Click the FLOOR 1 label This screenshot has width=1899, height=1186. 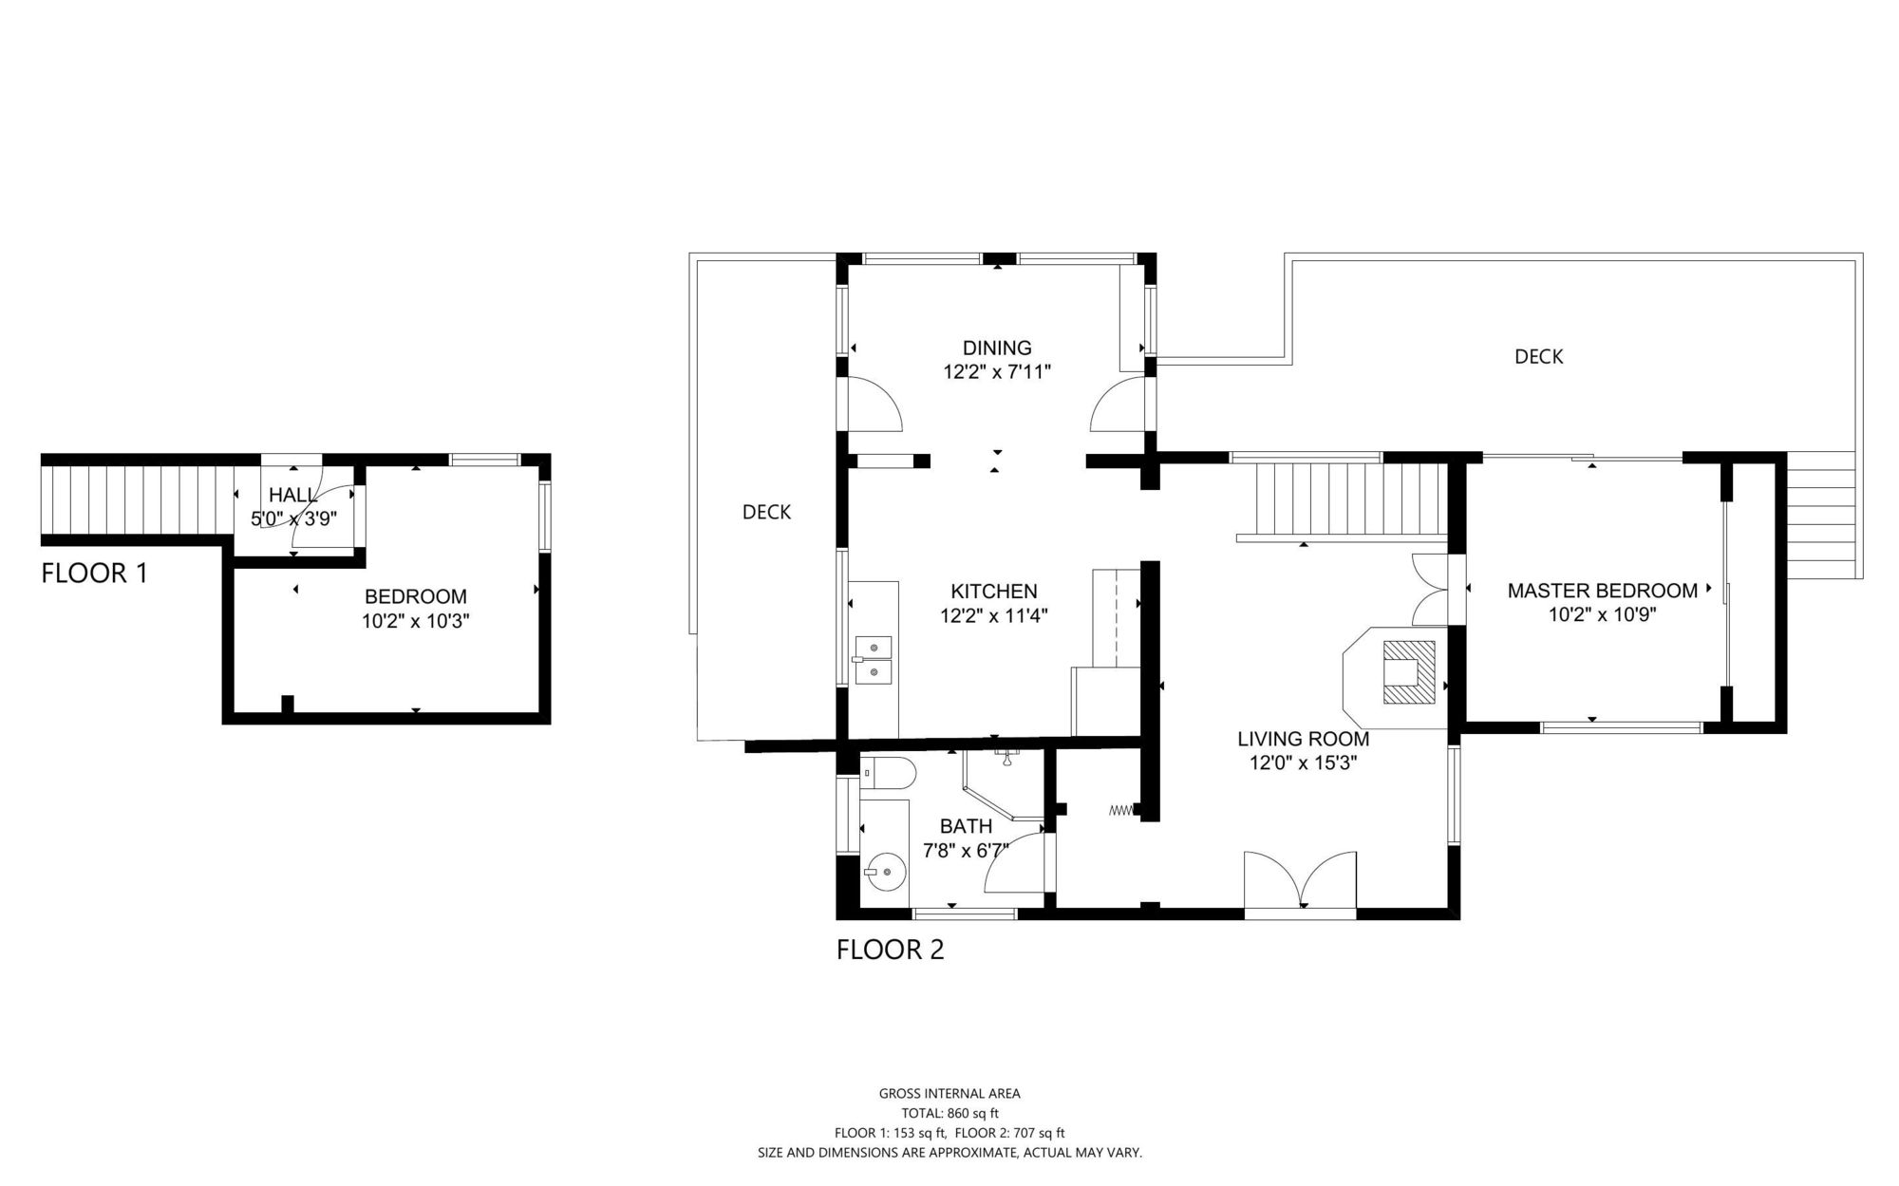(95, 573)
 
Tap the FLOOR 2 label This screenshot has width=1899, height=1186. (890, 950)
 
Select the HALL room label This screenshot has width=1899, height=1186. (293, 495)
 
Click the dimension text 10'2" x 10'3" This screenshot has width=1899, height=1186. (416, 622)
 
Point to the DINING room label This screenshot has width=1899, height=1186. (997, 348)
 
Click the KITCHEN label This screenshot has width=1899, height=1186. (994, 592)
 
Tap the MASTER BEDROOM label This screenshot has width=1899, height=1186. (1603, 591)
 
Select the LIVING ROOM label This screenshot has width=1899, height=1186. (1304, 739)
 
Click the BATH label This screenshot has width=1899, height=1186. (966, 826)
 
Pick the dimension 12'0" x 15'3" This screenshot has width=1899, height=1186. (1304, 762)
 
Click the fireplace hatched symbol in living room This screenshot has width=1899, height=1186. (1409, 672)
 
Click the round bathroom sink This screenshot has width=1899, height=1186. (883, 872)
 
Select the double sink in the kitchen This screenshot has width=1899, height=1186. (873, 660)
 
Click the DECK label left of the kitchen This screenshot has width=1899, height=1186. (766, 513)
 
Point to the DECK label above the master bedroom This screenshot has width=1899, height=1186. (1538, 357)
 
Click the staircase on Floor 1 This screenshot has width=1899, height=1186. (138, 499)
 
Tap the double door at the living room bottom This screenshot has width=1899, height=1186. (1300, 881)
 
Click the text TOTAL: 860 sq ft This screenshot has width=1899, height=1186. (949, 1113)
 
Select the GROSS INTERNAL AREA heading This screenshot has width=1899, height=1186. (949, 1094)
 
